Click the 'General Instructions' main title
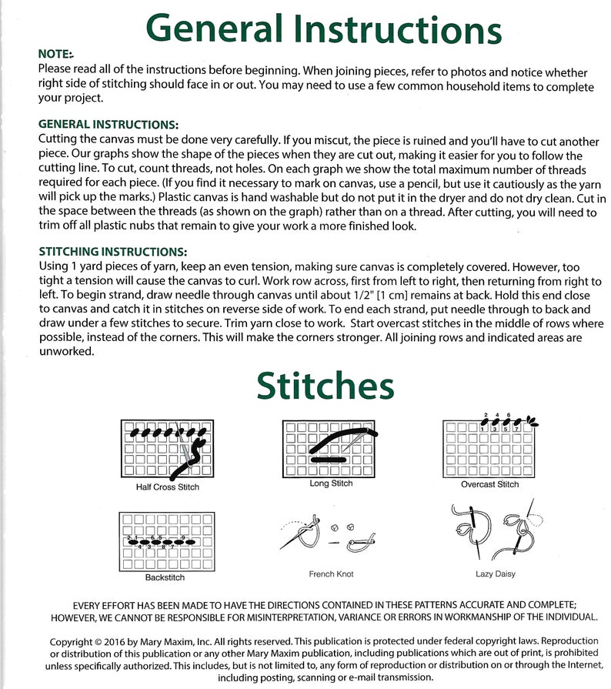(323, 29)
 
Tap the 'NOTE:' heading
(55, 54)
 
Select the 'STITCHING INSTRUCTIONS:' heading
(113, 252)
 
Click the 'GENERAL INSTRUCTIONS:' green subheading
(109, 125)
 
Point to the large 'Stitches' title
(326, 386)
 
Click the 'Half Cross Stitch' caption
(167, 487)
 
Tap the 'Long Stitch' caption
(331, 483)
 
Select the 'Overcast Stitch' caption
(489, 484)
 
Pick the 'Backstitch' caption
(165, 577)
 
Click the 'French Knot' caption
(331, 574)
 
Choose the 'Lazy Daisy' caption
(496, 574)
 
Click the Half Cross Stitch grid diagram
(167, 449)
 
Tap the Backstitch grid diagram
(167, 542)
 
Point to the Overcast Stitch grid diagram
(489, 449)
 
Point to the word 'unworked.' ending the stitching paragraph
(67, 352)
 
